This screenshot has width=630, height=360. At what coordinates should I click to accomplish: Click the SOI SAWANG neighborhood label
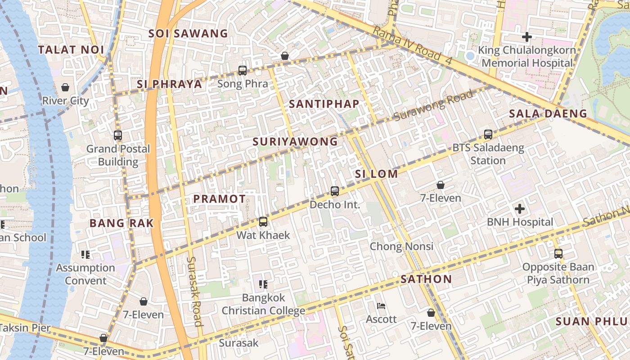(x=188, y=33)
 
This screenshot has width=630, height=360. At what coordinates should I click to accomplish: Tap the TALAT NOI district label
(x=71, y=49)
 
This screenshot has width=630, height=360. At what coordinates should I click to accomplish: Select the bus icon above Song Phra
(x=243, y=71)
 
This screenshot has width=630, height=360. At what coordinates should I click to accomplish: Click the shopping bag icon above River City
(x=65, y=87)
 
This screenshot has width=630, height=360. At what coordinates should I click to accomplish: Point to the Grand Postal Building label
(x=118, y=155)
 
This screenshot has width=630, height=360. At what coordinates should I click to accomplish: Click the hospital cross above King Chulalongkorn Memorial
(x=527, y=37)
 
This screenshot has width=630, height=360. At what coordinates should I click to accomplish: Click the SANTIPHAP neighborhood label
(x=324, y=104)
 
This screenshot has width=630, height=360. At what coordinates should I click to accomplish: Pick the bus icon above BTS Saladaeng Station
(x=488, y=134)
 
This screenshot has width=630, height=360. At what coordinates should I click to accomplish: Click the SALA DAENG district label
(x=548, y=114)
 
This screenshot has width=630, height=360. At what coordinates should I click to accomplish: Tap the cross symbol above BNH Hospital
(x=520, y=209)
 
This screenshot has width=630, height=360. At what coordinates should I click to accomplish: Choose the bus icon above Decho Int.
(x=335, y=191)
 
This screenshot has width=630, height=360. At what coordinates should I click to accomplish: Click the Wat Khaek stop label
(x=263, y=235)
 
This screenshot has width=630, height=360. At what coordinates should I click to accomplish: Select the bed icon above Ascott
(x=381, y=306)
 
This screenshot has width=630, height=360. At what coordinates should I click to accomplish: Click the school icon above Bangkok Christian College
(x=263, y=284)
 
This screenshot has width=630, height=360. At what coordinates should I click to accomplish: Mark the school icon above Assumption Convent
(x=85, y=255)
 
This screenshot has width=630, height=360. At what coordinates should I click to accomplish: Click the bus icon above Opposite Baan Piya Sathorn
(x=558, y=254)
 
